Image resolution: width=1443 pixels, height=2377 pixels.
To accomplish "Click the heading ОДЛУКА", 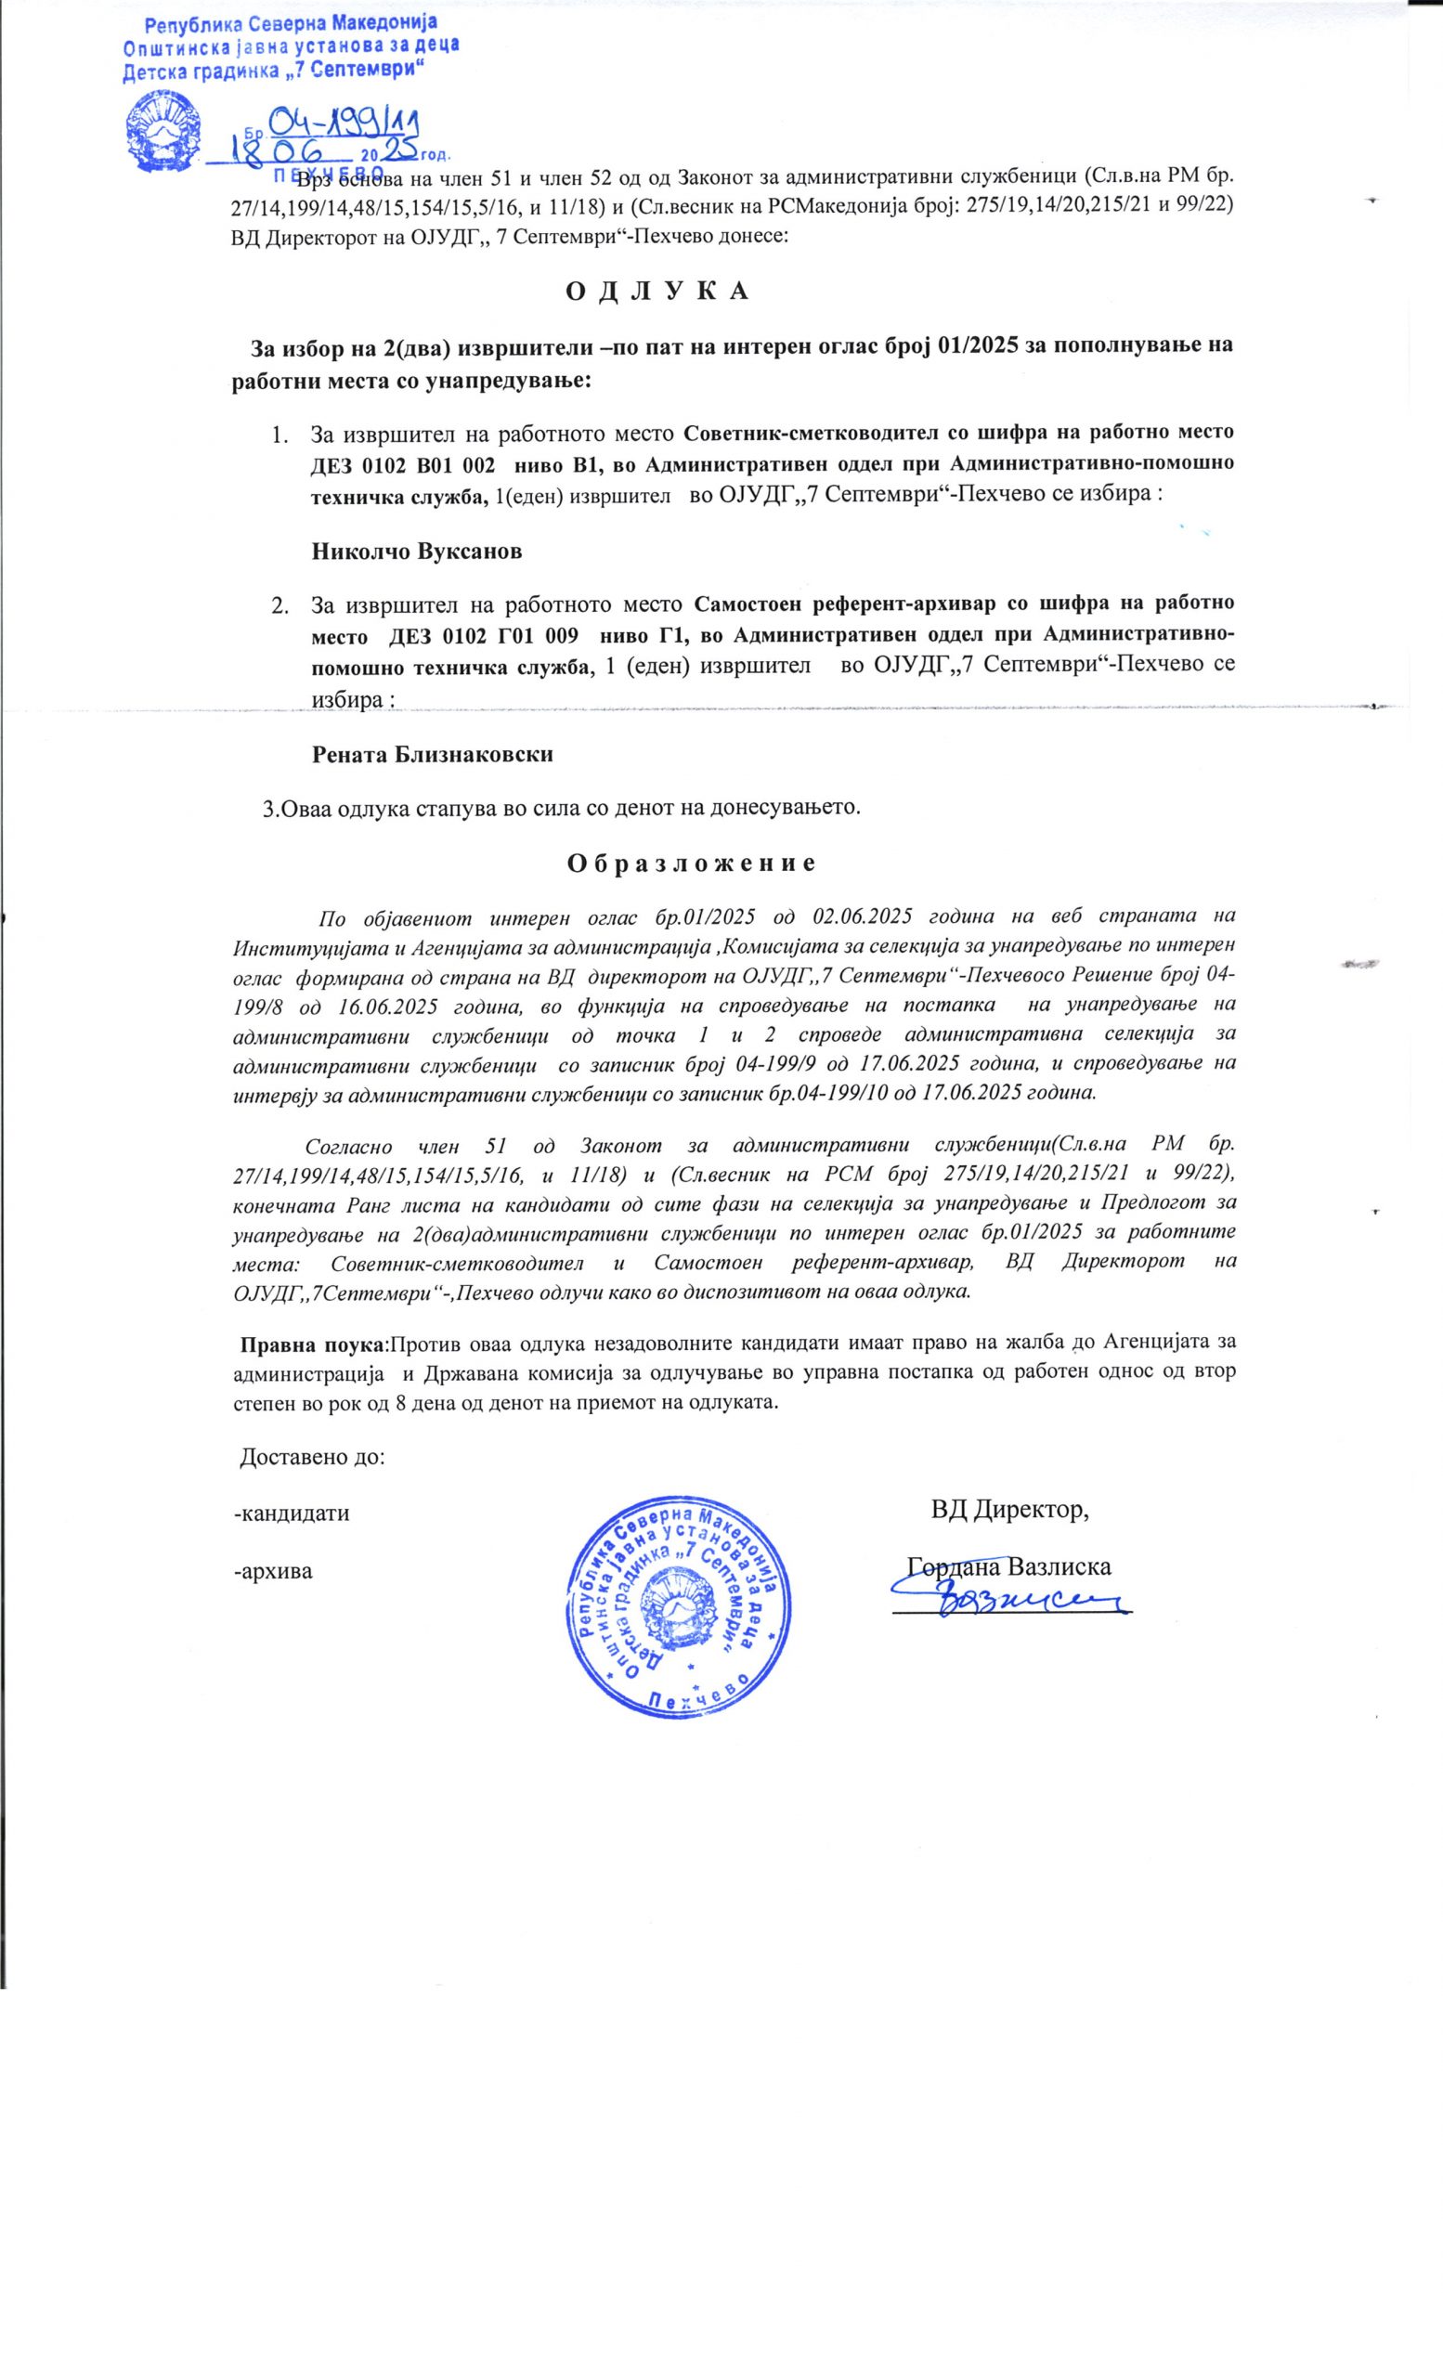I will (x=655, y=292).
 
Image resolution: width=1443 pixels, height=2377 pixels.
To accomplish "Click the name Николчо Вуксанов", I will (x=417, y=552).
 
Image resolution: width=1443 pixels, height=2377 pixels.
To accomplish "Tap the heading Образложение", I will (x=691, y=863).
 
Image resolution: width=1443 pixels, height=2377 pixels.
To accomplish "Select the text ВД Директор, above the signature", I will (x=1009, y=1509).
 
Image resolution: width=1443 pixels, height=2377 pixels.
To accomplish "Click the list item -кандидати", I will (x=292, y=1513).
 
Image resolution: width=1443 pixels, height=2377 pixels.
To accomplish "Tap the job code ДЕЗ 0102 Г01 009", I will (x=483, y=637).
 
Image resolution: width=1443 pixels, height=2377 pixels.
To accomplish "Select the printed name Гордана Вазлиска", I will (x=1009, y=1566).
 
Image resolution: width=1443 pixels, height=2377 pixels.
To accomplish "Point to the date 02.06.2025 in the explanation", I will (x=864, y=915).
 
